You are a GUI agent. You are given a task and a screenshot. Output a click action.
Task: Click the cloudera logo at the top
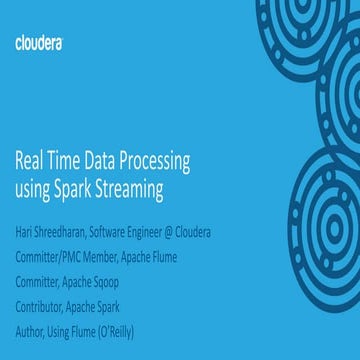click(39, 43)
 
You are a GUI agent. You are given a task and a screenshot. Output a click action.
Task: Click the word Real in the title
click(29, 161)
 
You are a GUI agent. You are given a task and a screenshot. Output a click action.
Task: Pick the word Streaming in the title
click(125, 187)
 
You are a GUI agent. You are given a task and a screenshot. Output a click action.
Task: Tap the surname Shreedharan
click(66, 233)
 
